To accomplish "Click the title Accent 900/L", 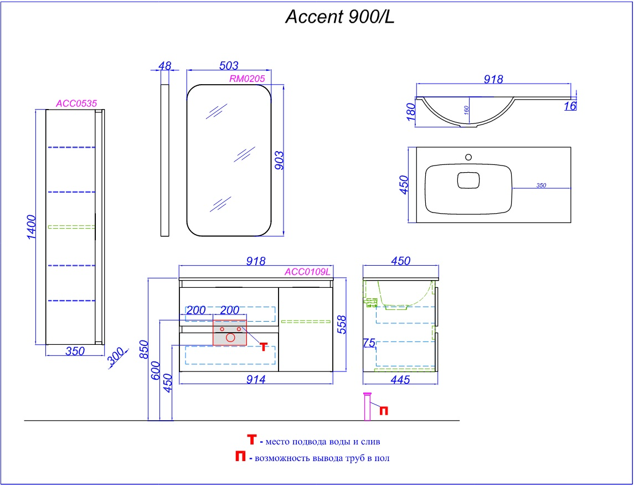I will pos(339,17).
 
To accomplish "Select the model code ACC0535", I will pos(76,103).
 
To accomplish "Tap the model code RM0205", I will pos(247,79).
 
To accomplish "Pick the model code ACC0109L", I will pos(307,272).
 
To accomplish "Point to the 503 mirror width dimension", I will pos(228,66).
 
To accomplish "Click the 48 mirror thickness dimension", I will pos(164,66).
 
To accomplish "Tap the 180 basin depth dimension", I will pos(410,112).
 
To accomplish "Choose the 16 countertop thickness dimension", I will pos(570,106).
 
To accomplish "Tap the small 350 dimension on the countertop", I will pos(541,185).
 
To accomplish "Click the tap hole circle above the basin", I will pos(468,157).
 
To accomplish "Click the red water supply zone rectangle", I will pos(230,332).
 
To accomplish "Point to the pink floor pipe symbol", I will pos(367,406).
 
